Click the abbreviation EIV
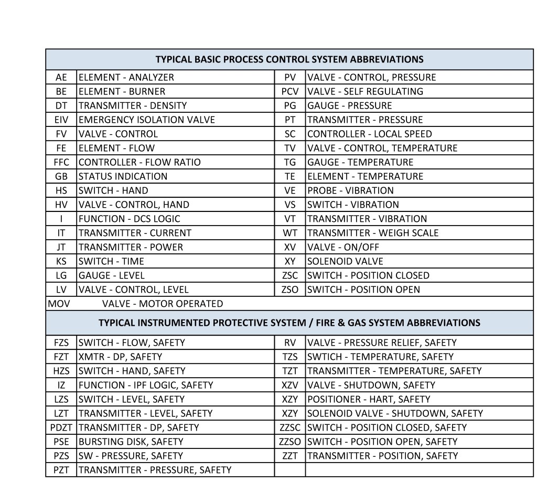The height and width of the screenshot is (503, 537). pos(61,120)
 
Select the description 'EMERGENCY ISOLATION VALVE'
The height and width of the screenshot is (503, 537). pos(146,120)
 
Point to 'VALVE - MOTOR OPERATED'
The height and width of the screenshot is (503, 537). pos(162,304)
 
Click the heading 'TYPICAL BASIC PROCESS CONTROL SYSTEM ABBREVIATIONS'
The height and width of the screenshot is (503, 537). pos(289,59)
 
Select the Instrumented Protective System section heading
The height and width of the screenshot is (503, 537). pos(289,323)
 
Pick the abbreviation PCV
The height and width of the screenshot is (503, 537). pos(290,91)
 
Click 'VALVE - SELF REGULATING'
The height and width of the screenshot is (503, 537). pos(365,91)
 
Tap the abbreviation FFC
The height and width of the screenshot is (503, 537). pos(61,162)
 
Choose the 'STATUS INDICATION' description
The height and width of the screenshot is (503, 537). pos(123,176)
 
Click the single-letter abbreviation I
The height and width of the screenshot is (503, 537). pos(61,219)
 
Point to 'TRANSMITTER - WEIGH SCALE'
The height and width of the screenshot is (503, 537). pos(373,233)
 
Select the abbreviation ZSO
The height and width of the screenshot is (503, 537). pos(290,290)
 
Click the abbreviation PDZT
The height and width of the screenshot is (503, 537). pos(61,427)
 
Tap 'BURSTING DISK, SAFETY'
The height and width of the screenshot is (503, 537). pos(131,442)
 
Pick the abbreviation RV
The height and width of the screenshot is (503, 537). pos(290,343)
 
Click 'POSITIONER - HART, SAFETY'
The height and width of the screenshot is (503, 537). pos(369,399)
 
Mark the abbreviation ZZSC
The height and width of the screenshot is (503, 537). pos(290,427)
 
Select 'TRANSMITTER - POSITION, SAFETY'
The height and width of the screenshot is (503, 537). pos(383,456)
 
